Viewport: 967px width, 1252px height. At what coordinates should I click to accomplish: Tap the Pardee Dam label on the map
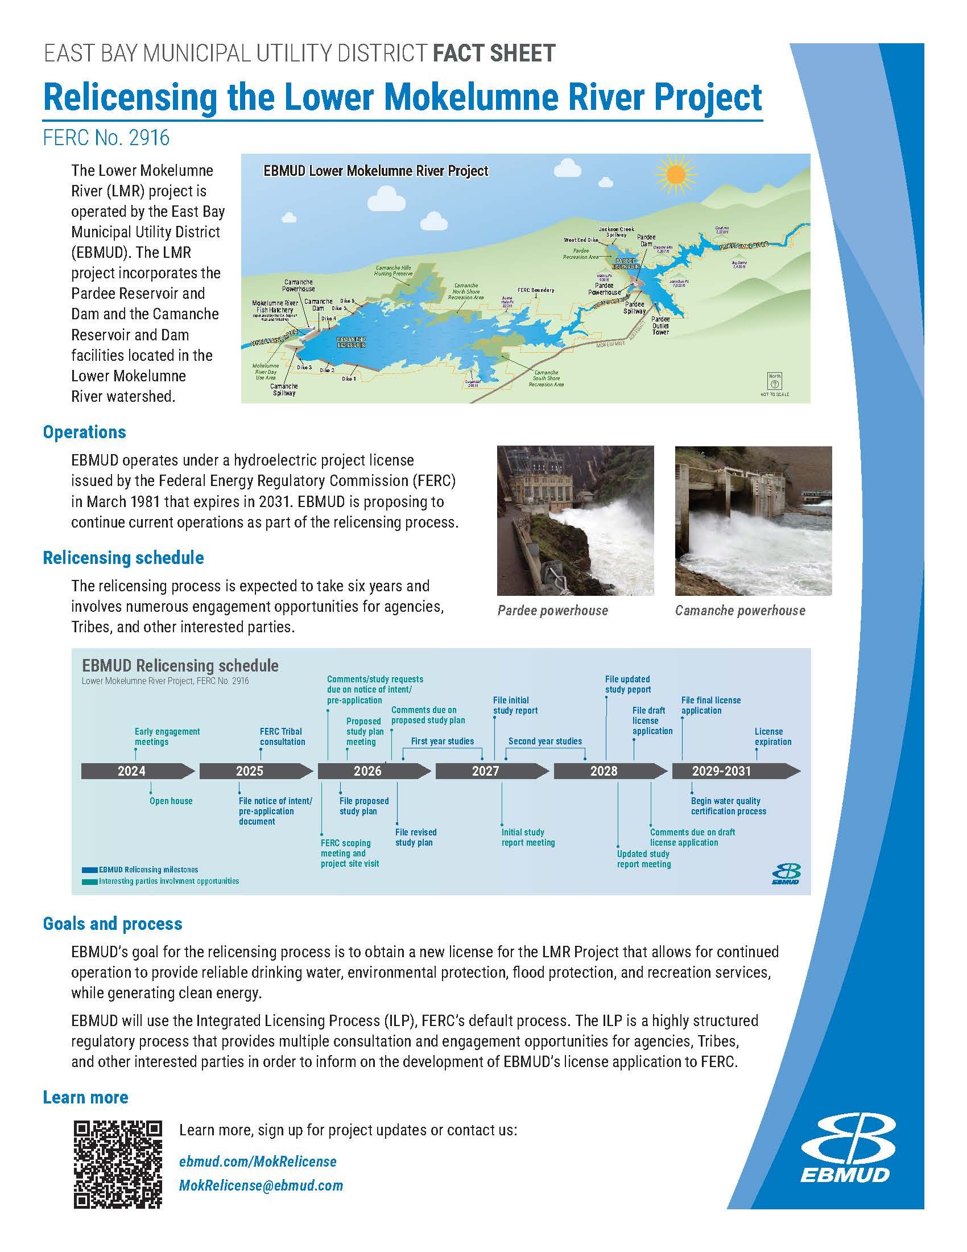click(x=646, y=240)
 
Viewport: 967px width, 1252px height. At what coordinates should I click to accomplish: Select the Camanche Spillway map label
click(x=284, y=390)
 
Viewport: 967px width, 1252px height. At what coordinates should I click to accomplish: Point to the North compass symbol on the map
click(x=774, y=381)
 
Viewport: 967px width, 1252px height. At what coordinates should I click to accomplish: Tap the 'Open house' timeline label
click(x=171, y=801)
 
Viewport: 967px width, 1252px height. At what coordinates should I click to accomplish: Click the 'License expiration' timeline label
click(x=772, y=736)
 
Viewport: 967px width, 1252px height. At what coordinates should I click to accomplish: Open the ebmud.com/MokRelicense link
click(x=258, y=1162)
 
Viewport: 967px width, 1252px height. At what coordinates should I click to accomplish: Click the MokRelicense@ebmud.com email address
click(x=261, y=1185)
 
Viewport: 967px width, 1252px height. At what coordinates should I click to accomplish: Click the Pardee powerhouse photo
click(x=575, y=521)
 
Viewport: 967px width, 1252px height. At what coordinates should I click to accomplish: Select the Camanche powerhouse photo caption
click(x=739, y=611)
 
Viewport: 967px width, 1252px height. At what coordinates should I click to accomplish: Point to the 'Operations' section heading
click(x=84, y=433)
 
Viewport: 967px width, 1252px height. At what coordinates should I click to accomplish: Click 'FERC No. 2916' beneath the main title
click(x=106, y=138)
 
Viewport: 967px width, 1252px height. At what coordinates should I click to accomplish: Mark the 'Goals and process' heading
click(x=112, y=924)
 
